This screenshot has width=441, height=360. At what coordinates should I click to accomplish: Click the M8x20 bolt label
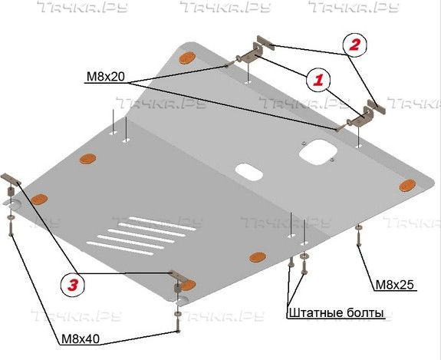(x=106, y=77)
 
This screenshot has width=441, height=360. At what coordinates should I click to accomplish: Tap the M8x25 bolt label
(x=395, y=285)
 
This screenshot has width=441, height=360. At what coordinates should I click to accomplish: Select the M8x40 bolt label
(x=81, y=339)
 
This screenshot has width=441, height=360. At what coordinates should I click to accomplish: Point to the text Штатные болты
(x=337, y=313)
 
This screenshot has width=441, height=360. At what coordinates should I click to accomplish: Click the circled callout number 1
(x=318, y=81)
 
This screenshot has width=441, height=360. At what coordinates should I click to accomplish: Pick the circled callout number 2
(x=354, y=45)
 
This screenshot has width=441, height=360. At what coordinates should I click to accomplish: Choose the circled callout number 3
(x=73, y=285)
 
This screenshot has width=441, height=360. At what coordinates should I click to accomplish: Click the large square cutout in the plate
(x=318, y=152)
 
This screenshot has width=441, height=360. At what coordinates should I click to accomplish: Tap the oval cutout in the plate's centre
(x=249, y=172)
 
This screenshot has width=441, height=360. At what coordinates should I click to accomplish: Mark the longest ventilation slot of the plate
(x=163, y=223)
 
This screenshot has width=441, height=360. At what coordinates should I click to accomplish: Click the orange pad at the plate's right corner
(x=407, y=185)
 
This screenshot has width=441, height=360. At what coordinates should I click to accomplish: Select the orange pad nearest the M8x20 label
(x=187, y=58)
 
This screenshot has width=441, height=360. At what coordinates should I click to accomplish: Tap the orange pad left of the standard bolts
(x=258, y=257)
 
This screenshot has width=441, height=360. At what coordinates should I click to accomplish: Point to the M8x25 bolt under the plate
(x=359, y=236)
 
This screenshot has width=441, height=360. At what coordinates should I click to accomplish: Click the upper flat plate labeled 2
(x=265, y=43)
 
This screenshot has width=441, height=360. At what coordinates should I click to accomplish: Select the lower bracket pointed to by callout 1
(x=362, y=117)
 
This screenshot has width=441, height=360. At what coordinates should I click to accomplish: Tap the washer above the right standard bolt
(x=304, y=256)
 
